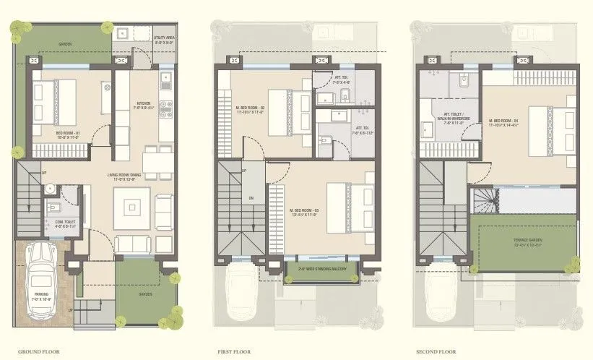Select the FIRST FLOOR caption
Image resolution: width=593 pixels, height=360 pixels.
click(234, 351)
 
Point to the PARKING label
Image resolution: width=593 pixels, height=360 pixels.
click(42, 296)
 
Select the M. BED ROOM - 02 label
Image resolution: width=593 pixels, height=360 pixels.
click(245, 111)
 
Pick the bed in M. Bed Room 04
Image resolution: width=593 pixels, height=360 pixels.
click(554, 128)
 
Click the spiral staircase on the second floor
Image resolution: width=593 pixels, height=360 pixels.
click(483, 200)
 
